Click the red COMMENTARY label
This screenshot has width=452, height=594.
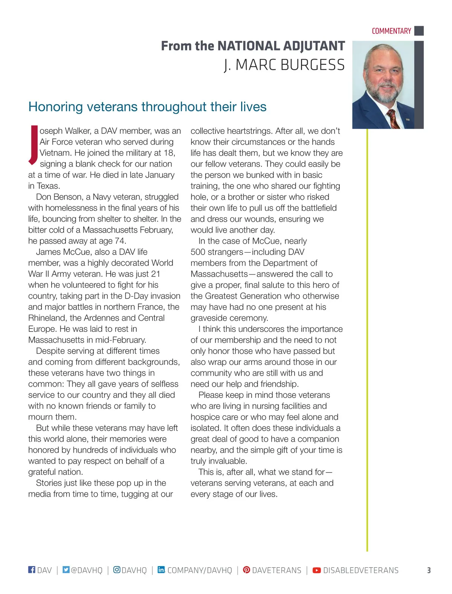pyautogui.click(x=391, y=31)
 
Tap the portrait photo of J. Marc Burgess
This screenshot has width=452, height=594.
pyautogui.click(x=383, y=85)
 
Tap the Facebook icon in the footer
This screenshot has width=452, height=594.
pyautogui.click(x=32, y=569)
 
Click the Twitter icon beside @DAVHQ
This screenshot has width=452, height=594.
pyautogui.click(x=66, y=569)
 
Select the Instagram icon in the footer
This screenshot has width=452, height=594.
pyautogui.click(x=117, y=569)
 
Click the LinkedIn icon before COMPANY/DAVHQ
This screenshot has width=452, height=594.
pyautogui.click(x=161, y=569)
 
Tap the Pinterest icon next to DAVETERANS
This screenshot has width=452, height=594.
pyautogui.click(x=246, y=569)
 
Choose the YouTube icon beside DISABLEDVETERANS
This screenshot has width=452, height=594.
pyautogui.click(x=317, y=570)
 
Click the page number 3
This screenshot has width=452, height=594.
pyautogui.click(x=429, y=570)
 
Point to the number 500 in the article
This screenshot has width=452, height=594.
pyautogui.click(x=198, y=252)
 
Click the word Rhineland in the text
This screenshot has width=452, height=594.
pyautogui.click(x=47, y=318)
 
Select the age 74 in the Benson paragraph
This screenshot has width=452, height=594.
pyautogui.click(x=120, y=241)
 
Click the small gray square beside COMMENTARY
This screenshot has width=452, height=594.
pyautogui.click(x=419, y=31)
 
